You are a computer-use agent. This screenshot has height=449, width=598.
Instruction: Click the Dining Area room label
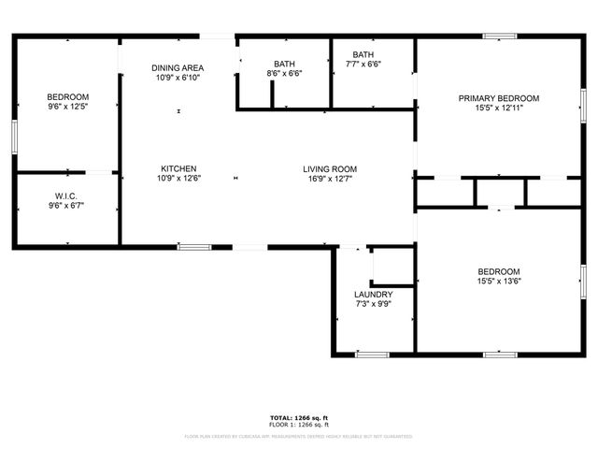(178, 67)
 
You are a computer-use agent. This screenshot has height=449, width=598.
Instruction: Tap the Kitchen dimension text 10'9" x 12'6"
(178, 178)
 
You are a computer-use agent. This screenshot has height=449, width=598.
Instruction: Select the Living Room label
(330, 169)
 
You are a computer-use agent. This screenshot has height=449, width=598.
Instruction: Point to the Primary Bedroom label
(499, 98)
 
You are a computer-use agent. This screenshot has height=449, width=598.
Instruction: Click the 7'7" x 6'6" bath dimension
(363, 65)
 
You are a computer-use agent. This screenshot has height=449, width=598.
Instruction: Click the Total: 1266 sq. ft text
(299, 417)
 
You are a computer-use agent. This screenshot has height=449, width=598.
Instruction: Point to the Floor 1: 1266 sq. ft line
(299, 425)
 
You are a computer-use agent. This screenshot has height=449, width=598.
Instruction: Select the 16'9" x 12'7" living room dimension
(330, 179)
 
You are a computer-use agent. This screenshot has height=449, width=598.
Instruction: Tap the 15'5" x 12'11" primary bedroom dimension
(499, 108)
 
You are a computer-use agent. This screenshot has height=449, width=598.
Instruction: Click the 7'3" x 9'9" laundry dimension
(373, 304)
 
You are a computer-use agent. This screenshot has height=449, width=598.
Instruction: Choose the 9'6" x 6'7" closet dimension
(65, 206)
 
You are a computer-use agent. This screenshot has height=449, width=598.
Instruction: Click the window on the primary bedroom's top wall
(500, 36)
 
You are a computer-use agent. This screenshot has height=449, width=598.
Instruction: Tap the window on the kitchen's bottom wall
(193, 248)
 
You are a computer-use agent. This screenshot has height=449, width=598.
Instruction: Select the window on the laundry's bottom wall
(372, 355)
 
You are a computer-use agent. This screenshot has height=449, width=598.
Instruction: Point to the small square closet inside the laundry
(392, 268)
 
